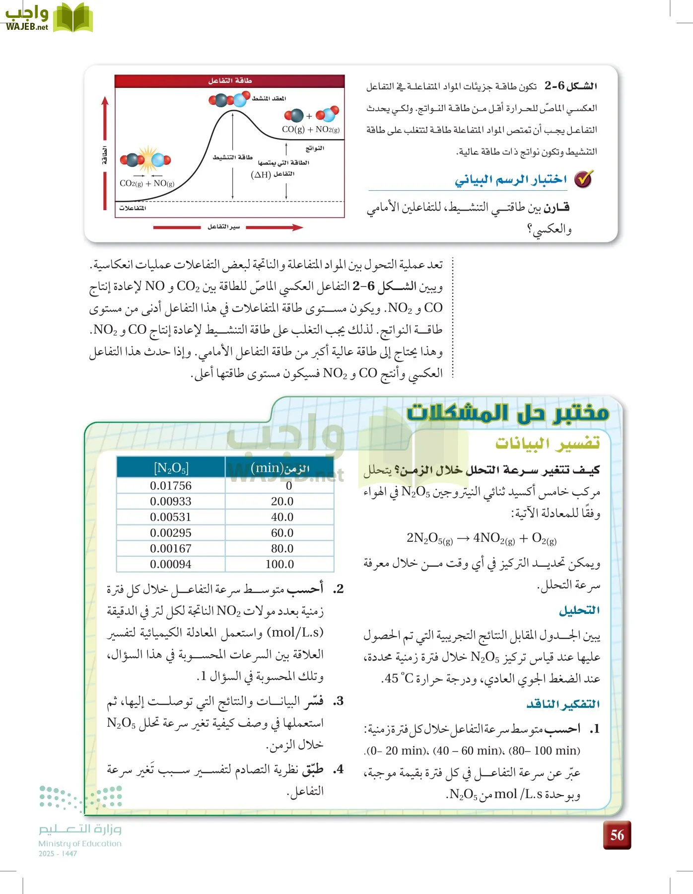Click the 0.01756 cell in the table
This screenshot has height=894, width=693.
(170, 486)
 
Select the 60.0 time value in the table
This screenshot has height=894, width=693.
(281, 533)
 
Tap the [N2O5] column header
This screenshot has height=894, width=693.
(171, 468)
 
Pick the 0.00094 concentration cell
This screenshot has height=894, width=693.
(170, 564)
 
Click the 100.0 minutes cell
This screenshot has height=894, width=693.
(279, 564)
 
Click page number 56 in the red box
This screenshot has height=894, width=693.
(617, 835)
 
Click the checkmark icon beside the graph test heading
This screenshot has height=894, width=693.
(583, 179)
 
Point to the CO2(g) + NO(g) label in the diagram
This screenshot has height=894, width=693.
(147, 183)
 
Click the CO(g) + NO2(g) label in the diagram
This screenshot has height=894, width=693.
(311, 130)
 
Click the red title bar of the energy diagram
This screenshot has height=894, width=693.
(229, 81)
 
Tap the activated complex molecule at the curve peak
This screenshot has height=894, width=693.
(228, 100)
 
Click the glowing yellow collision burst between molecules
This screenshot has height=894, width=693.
(147, 159)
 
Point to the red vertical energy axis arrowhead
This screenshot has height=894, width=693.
(105, 101)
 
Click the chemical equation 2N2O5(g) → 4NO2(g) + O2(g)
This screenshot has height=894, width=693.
(481, 538)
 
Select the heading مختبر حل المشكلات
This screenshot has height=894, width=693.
(507, 413)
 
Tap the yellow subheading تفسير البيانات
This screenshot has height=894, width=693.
(547, 443)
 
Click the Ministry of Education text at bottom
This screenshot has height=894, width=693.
(80, 843)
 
